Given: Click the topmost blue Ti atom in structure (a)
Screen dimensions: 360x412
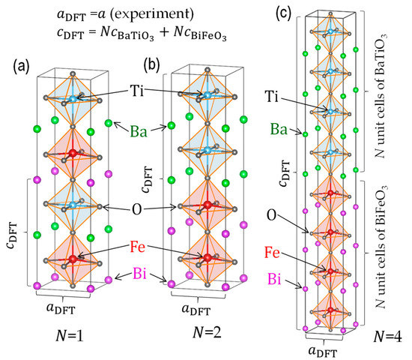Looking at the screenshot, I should click(71, 98).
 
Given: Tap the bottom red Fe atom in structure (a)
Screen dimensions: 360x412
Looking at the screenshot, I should click(72, 259).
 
